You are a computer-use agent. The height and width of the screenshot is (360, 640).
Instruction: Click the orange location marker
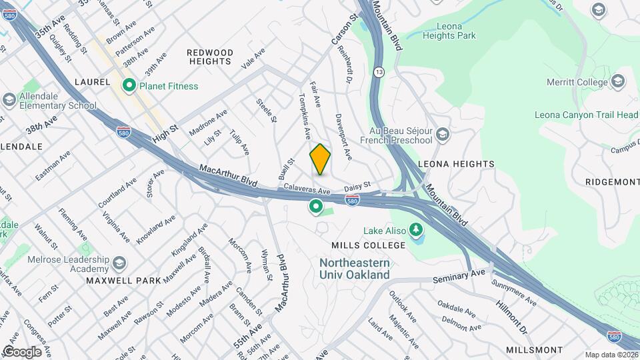[x=320, y=159]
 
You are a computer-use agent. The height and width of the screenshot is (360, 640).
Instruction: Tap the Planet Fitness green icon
[x=128, y=85]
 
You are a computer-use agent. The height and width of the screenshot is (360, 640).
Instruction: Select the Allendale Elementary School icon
[x=9, y=100]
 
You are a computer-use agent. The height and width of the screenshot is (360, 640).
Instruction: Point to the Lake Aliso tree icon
[x=417, y=231]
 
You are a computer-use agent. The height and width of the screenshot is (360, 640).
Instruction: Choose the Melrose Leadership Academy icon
[x=119, y=263]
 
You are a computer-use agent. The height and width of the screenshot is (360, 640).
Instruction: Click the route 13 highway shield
[x=379, y=71]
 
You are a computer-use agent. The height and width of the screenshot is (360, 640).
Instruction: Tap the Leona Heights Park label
[x=448, y=31]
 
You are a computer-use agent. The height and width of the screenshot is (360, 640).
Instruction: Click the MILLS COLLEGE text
[x=365, y=245]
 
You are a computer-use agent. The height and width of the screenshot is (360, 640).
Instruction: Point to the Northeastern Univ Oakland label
[x=354, y=269]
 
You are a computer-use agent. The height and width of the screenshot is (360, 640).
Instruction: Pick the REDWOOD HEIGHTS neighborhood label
[x=210, y=57]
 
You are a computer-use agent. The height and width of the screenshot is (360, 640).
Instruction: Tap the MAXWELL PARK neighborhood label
[x=123, y=281]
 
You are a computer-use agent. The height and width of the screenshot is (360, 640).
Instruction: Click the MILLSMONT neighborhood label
[x=534, y=350]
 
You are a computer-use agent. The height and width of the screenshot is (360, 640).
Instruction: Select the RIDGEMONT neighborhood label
[x=612, y=181]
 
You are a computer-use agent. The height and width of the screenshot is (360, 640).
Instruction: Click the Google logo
[x=22, y=351]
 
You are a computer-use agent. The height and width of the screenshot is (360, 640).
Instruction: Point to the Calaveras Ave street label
[x=307, y=189]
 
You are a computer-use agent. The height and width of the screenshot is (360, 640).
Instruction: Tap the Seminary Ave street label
[x=460, y=275]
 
